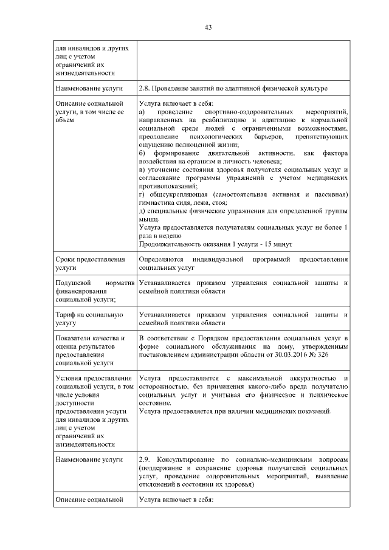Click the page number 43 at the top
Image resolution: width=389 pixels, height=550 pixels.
[207, 27]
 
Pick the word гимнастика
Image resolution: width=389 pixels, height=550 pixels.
[156, 202]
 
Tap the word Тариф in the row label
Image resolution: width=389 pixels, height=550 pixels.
[66, 315]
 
